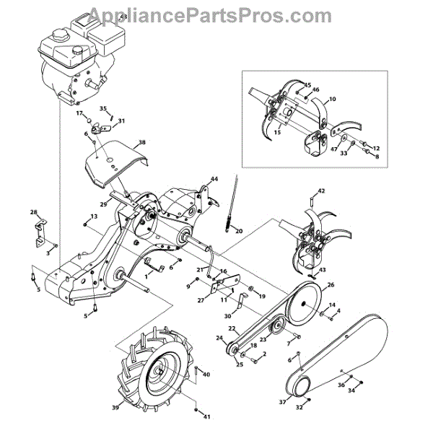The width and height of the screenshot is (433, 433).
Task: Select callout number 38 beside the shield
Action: click(x=141, y=143)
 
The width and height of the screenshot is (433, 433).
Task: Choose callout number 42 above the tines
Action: click(x=321, y=191)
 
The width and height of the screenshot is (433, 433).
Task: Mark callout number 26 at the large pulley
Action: click(x=331, y=285)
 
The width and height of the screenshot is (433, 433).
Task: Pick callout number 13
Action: click(x=94, y=216)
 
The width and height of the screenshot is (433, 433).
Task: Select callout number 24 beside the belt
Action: click(x=219, y=338)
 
